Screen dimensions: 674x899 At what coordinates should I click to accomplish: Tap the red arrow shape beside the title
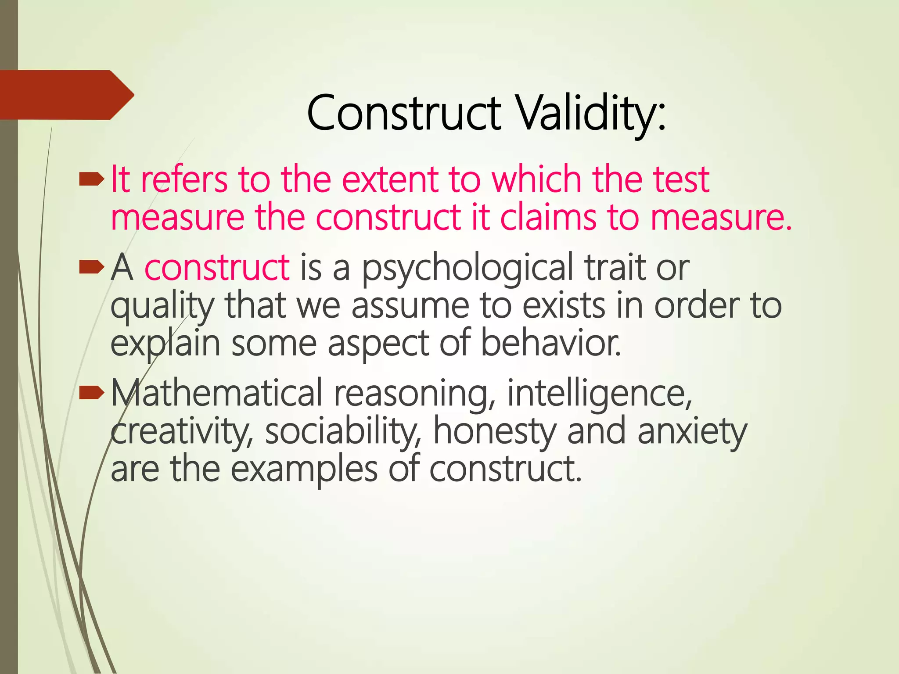pos(66,95)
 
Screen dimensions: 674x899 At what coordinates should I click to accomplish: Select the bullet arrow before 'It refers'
pos(91,179)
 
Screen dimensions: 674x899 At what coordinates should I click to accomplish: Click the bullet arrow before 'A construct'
pos(91,267)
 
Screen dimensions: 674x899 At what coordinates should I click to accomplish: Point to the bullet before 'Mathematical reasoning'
pos(91,393)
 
